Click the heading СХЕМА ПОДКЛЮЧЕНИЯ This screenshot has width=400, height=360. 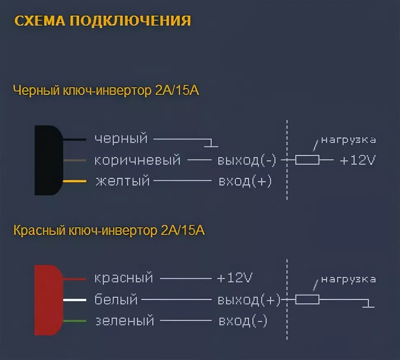point(103,21)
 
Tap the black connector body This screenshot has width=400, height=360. point(48,160)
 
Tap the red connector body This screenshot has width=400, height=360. point(48,300)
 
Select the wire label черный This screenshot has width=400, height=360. point(121,139)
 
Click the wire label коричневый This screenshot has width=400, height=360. point(137,160)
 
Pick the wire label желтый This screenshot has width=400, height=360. point(122,181)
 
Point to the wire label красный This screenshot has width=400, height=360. point(124,278)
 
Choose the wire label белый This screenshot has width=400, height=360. point(116,299)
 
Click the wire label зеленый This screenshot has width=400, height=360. point(125,320)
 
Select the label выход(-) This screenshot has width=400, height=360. point(247,160)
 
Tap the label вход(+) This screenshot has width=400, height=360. point(245,181)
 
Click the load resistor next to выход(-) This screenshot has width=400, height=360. point(307,160)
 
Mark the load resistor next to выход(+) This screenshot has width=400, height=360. point(307,299)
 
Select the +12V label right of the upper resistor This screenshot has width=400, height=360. point(358,160)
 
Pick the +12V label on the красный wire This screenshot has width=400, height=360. point(234,278)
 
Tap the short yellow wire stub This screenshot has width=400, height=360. point(75,181)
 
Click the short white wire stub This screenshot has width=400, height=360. point(75,299)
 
